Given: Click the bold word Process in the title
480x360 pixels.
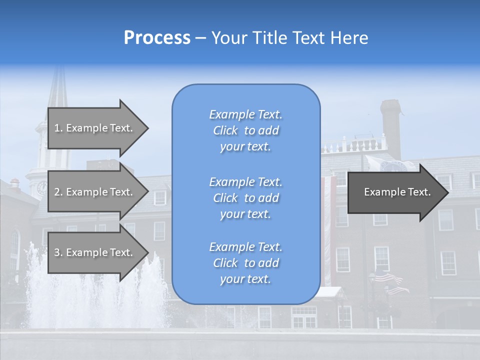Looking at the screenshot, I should [x=157, y=38].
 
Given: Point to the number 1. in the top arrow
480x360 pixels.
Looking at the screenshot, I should [x=58, y=128].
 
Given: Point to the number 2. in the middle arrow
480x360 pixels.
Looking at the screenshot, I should [x=58, y=192].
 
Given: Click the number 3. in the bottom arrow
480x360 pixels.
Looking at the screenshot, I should [x=58, y=252].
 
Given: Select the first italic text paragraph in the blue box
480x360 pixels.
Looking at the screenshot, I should [x=245, y=130].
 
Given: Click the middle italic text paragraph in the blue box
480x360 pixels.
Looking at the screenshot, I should [x=245, y=198].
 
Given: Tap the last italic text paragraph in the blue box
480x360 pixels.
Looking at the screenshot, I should [x=245, y=263].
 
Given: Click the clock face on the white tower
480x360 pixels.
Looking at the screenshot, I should [x=41, y=188].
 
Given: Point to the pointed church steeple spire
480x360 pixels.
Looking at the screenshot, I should [x=59, y=87].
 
